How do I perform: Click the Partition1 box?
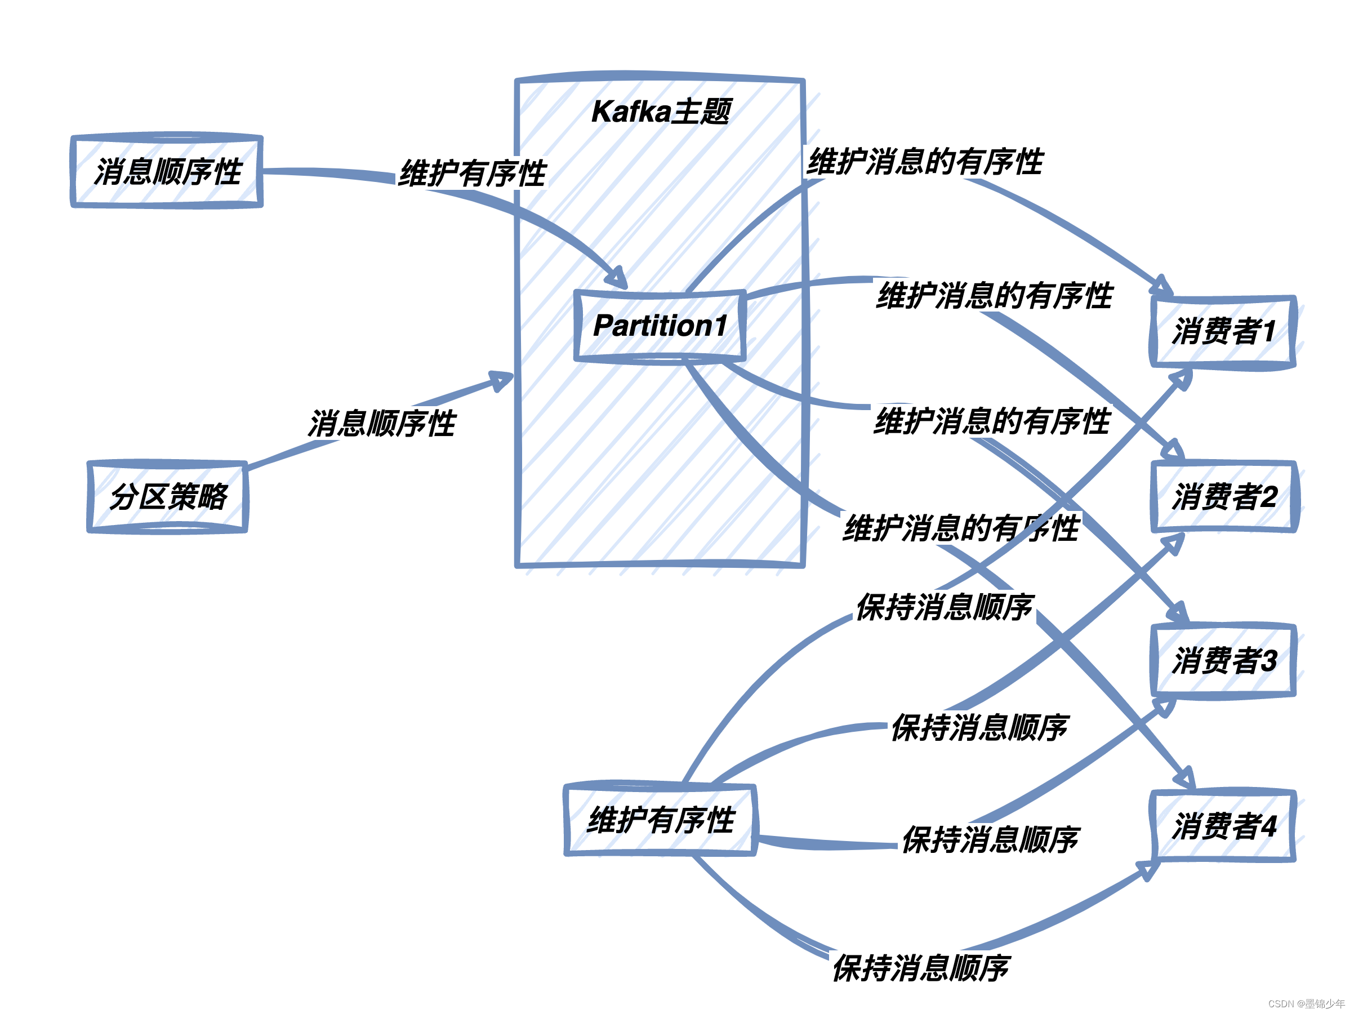click(660, 326)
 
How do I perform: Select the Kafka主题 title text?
click(661, 112)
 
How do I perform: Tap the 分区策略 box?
click(168, 497)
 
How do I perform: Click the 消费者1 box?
click(1223, 332)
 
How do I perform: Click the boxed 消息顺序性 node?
click(167, 171)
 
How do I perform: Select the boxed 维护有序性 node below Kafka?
click(661, 820)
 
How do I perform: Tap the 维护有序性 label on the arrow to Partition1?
click(472, 174)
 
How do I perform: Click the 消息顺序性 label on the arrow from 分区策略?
click(381, 424)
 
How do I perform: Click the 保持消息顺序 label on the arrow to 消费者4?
click(921, 968)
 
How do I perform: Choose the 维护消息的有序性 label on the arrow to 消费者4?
click(960, 528)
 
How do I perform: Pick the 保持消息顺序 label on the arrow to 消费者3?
click(990, 839)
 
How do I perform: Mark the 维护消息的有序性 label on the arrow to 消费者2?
click(994, 296)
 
